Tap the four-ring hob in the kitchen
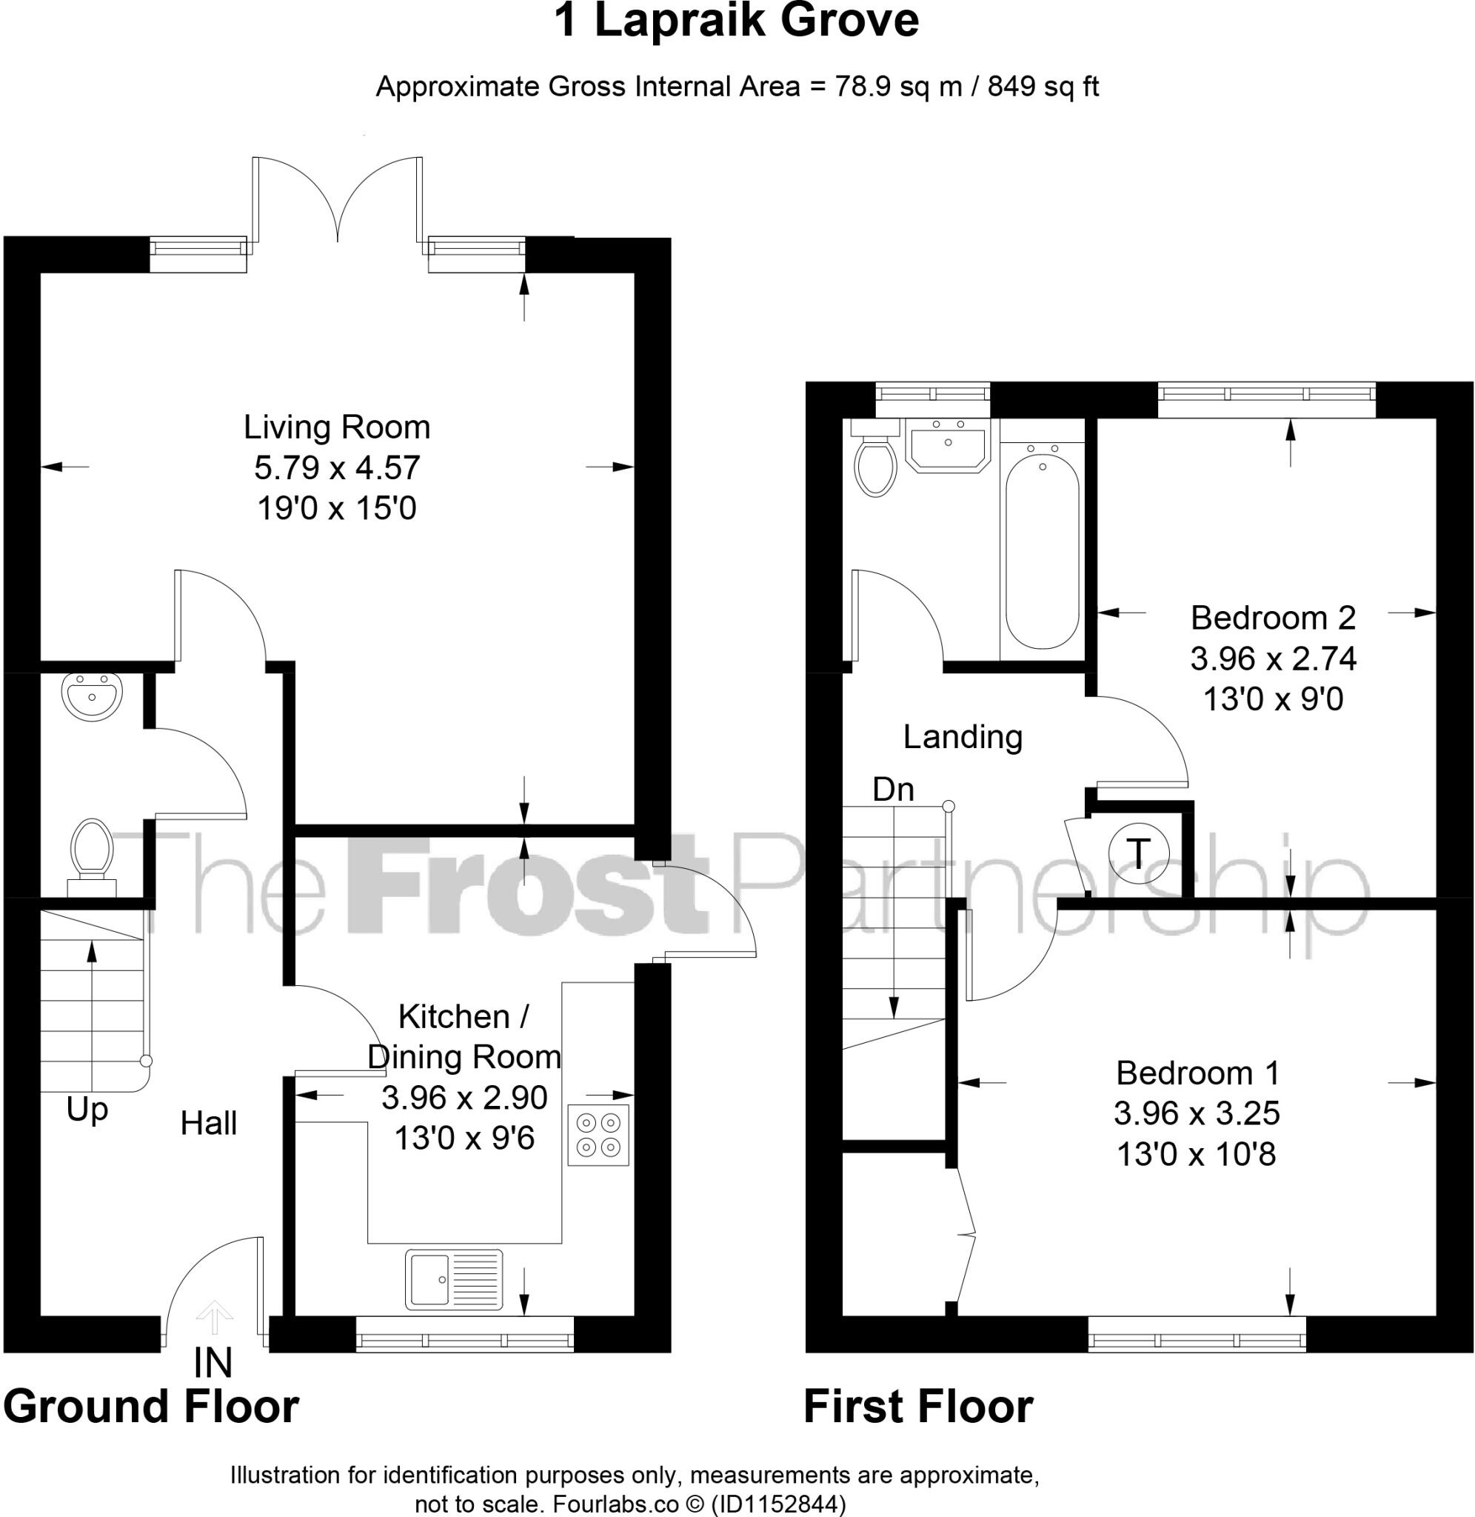598,1134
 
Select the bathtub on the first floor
1042,551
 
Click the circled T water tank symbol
1138,853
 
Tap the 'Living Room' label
337,427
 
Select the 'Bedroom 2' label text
1273,618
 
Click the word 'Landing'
962,737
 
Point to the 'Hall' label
208,1123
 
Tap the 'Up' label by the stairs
87,1110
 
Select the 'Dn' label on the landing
893,789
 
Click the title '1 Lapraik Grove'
737,21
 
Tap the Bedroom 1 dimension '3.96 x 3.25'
1197,1113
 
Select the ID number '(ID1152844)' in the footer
777,1504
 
